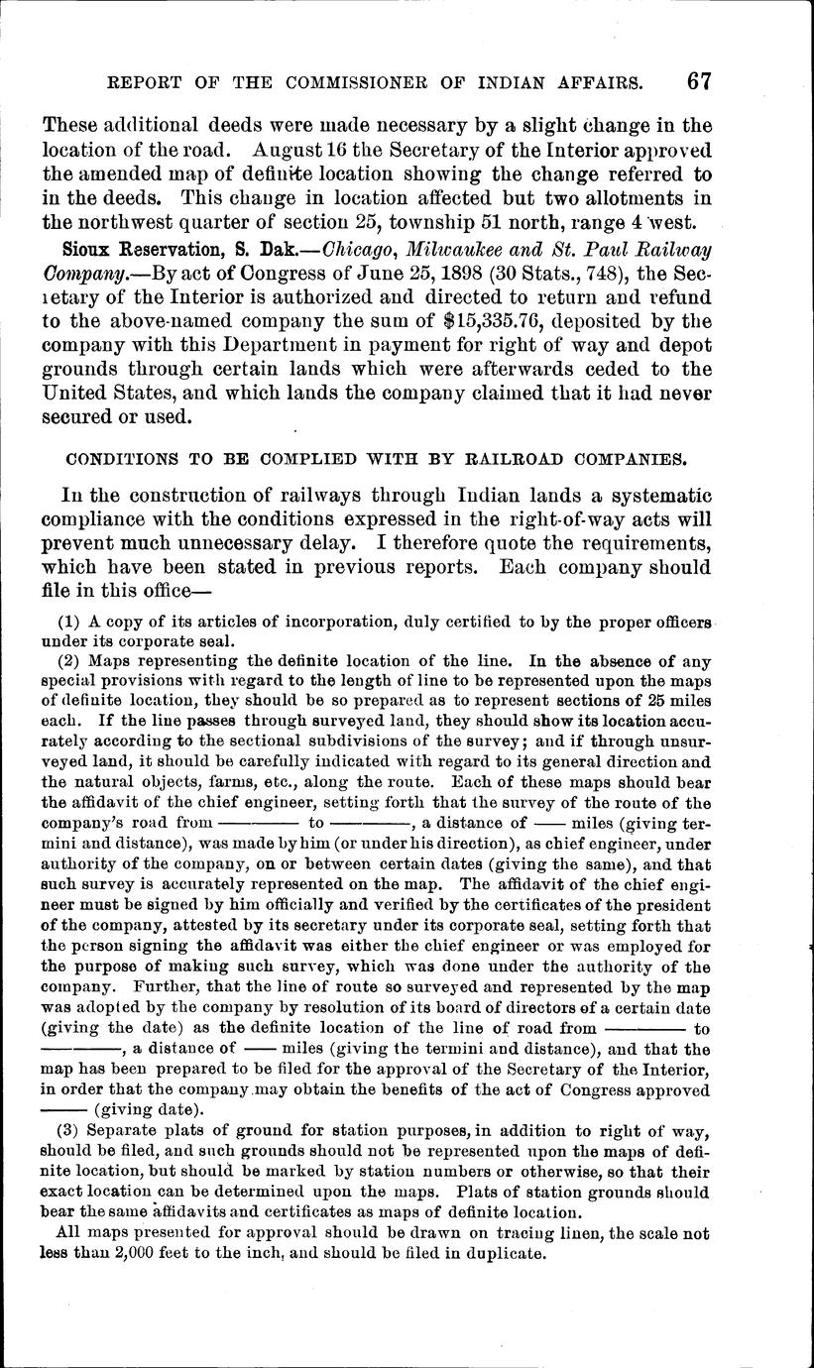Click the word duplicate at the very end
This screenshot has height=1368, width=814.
click(506, 1253)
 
